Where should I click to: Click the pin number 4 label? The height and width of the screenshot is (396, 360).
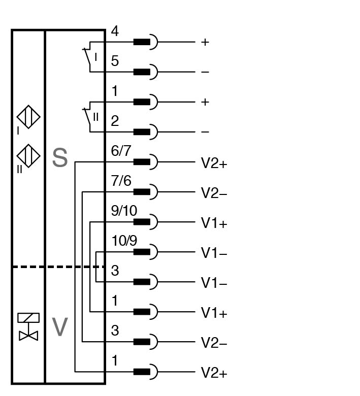(x=115, y=31)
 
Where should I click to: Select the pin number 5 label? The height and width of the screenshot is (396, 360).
(x=115, y=61)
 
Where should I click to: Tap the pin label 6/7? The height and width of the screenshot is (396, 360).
(x=121, y=152)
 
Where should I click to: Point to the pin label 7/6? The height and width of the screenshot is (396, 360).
(x=121, y=181)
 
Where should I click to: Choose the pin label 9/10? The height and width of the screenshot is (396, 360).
(x=124, y=211)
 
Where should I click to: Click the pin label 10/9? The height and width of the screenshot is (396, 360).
(x=124, y=241)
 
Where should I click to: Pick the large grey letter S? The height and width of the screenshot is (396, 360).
(x=60, y=158)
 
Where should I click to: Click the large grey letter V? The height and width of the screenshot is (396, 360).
(x=60, y=327)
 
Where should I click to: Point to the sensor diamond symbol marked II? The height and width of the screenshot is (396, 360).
(x=28, y=155)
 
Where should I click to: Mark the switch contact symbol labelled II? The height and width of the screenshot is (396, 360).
(x=90, y=117)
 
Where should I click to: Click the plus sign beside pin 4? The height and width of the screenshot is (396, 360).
(x=205, y=42)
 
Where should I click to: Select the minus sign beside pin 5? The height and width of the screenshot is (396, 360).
(x=205, y=72)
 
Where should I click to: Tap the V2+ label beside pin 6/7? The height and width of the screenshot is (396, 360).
(x=214, y=163)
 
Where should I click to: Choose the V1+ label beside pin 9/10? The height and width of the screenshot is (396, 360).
(x=214, y=223)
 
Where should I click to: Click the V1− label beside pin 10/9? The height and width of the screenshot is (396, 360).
(x=214, y=252)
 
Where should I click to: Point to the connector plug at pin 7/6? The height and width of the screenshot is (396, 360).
(x=145, y=192)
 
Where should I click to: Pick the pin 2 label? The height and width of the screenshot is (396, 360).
(x=115, y=121)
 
